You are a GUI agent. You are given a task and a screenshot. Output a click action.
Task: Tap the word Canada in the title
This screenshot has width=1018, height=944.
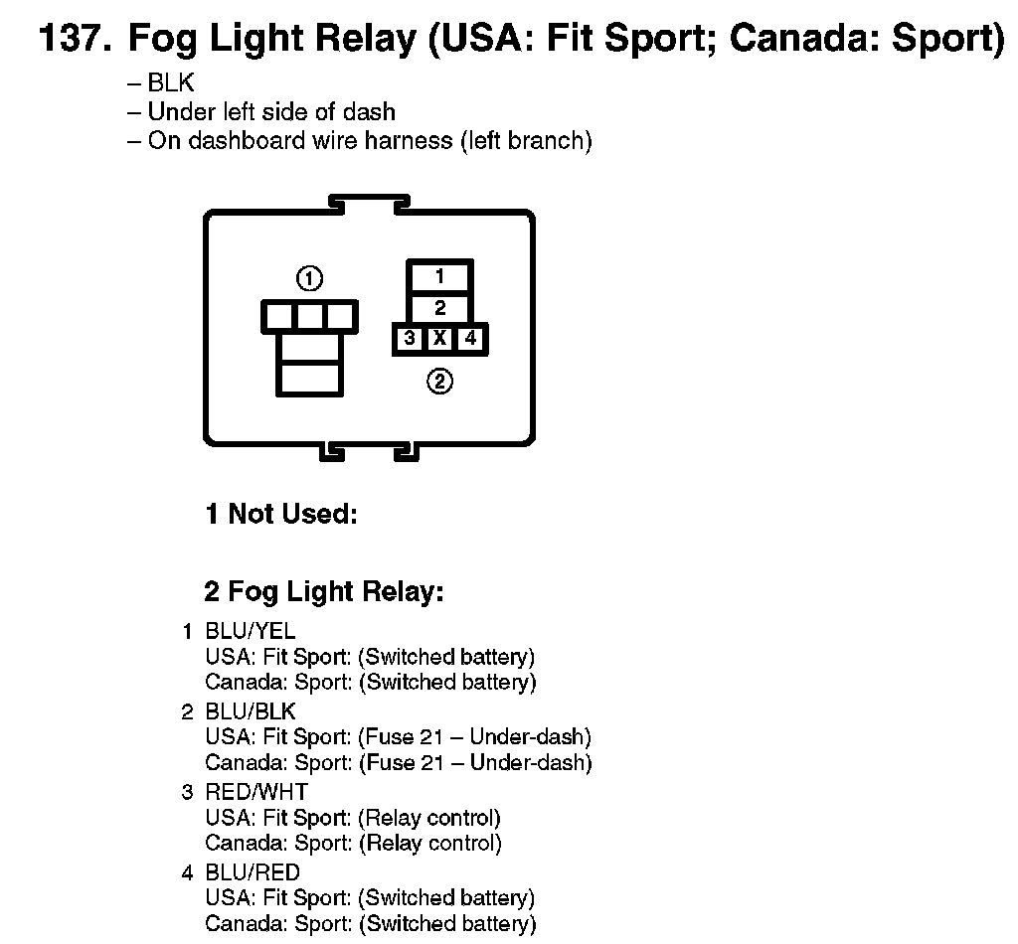click(788, 40)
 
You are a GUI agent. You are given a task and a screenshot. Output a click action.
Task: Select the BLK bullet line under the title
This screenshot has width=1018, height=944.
click(161, 83)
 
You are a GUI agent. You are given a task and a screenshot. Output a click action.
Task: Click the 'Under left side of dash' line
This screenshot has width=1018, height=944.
click(261, 111)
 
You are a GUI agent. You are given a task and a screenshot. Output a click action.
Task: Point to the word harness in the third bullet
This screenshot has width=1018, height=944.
click(409, 140)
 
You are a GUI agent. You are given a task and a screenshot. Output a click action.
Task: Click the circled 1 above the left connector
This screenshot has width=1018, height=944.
click(309, 278)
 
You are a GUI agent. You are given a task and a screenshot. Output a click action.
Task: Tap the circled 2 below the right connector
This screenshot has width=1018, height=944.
click(439, 381)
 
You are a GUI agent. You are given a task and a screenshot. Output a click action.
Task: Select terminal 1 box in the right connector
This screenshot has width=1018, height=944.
click(439, 277)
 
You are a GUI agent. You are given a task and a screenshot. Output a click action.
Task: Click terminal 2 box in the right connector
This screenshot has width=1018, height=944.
click(439, 308)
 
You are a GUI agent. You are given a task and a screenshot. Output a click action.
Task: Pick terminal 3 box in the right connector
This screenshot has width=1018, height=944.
click(409, 339)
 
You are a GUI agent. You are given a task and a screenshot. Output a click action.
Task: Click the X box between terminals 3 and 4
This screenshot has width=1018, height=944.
click(439, 339)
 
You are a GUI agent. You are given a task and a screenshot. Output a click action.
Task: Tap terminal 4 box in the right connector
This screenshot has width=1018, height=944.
click(470, 339)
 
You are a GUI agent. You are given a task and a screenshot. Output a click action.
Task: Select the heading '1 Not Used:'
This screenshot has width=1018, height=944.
click(280, 514)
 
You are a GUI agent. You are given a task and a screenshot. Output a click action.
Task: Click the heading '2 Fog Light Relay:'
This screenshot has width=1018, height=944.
click(323, 592)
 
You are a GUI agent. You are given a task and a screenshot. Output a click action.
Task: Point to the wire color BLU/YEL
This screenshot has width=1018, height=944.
click(250, 631)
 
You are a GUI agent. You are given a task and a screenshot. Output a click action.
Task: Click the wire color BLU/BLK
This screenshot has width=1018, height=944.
click(251, 711)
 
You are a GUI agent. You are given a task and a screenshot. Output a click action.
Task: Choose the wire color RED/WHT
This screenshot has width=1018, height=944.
click(256, 792)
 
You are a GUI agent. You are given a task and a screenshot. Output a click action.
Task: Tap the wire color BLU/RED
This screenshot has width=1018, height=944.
click(252, 872)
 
